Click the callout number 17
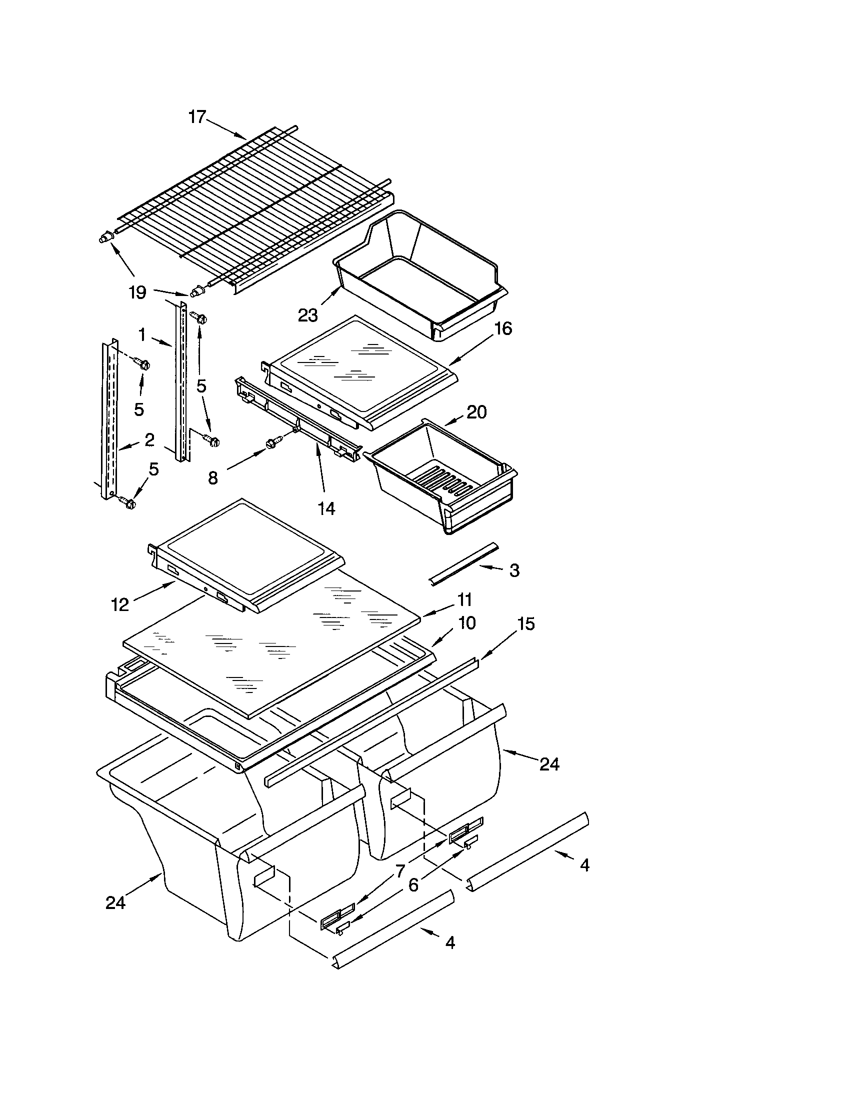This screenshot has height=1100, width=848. coord(197,117)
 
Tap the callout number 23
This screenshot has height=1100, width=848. coord(307,316)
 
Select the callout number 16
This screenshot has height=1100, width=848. coord(502,329)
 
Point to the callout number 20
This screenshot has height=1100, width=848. coord(476,412)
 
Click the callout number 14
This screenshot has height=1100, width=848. coord(326,508)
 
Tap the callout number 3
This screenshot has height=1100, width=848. coord(513,570)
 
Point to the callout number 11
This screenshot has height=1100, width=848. coord(464,600)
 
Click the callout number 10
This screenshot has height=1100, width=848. coord(467,623)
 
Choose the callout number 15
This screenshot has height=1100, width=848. coord(525,624)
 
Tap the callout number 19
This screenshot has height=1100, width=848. coord(137,292)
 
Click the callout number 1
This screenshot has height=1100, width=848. coord(142,334)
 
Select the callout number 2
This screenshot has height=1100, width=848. coord(149,439)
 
